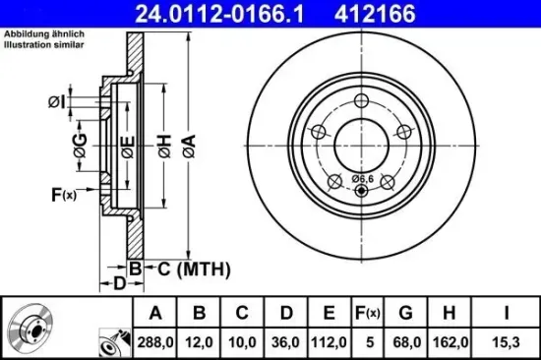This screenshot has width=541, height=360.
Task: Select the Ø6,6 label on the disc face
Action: (362, 177)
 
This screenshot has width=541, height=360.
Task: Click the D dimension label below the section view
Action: (116, 284)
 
